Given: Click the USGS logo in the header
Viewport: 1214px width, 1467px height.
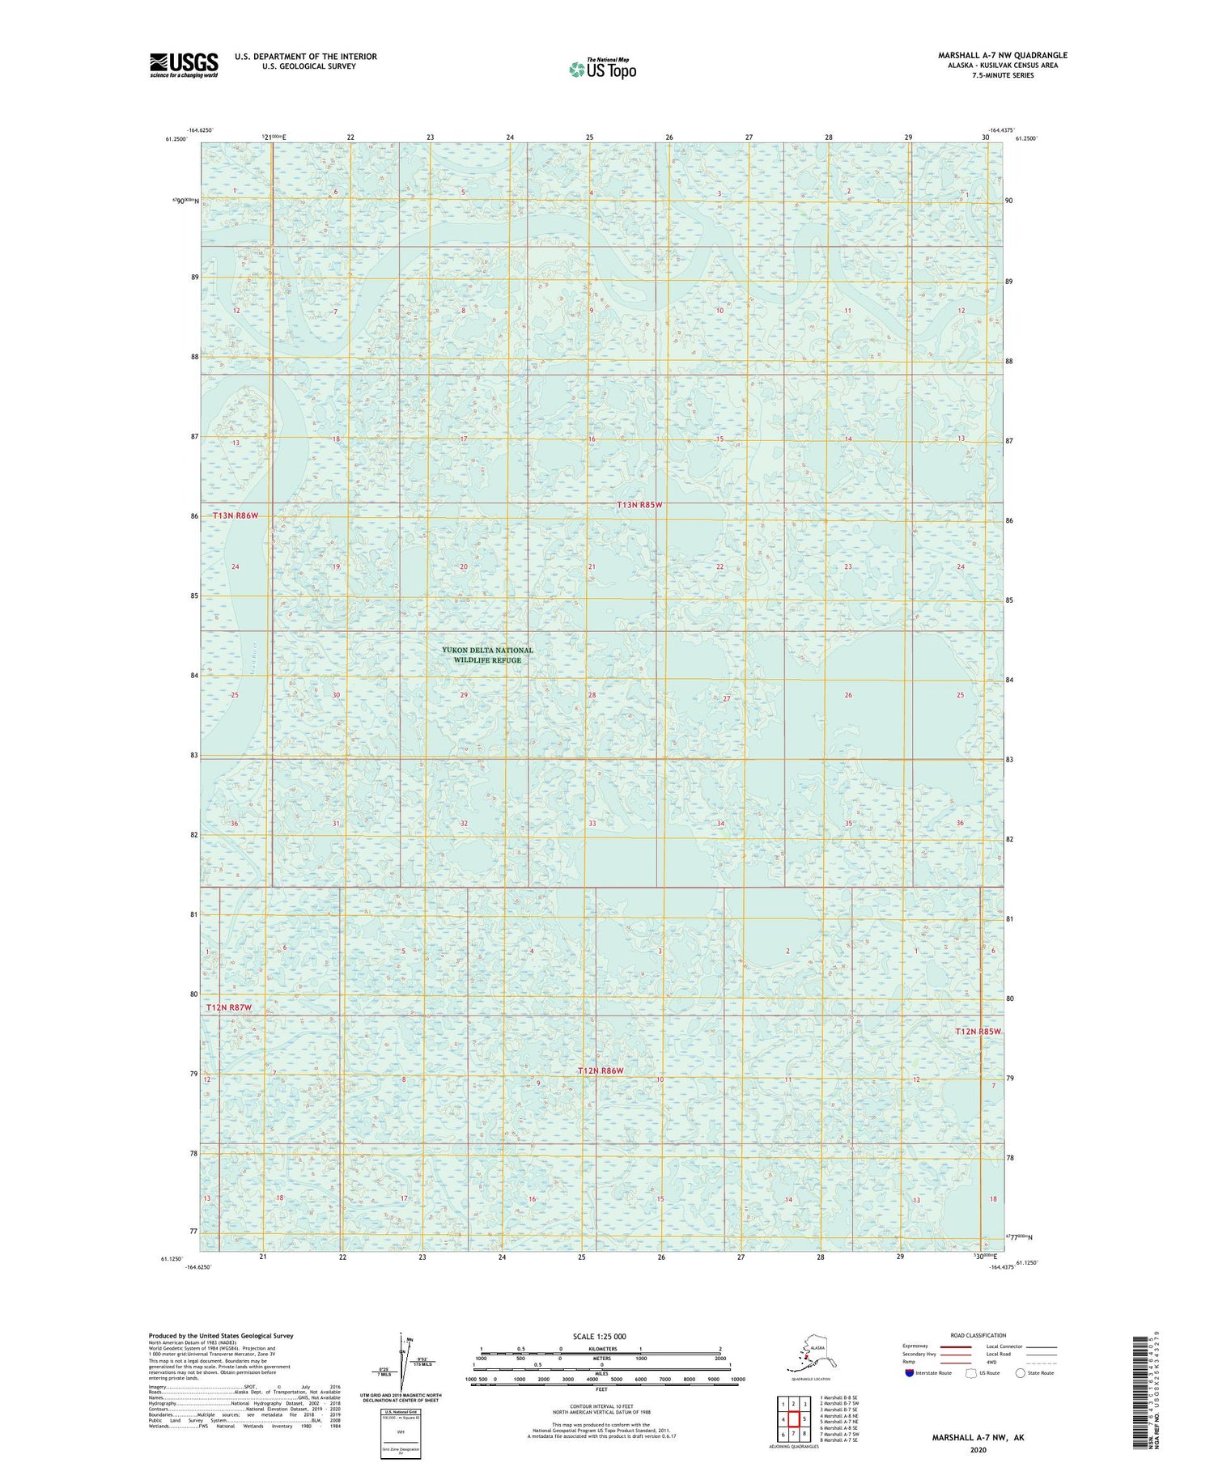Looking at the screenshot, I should coord(184,65).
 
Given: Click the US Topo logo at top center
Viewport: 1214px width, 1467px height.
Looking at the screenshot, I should coord(603,69).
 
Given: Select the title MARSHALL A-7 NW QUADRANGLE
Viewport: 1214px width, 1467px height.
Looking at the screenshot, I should coord(1002,55).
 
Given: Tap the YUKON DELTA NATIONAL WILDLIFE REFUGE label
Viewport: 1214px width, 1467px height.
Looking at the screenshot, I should coord(487,655).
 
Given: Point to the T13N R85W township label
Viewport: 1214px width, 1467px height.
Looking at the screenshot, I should coord(639,505).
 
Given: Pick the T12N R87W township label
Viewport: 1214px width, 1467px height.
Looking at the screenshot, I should coord(229,1007).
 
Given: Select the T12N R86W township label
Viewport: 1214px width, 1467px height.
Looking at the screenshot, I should coord(601,1071).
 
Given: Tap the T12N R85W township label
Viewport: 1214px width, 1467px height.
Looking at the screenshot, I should coord(978,1032).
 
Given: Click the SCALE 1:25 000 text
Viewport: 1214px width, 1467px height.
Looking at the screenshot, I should coord(599,1337).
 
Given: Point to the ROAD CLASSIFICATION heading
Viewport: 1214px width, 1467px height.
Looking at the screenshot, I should coord(978,1335).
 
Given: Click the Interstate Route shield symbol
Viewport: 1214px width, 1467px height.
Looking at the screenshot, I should coord(909,1373).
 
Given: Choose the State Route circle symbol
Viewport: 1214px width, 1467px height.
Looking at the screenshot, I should coord(1021,1373).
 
